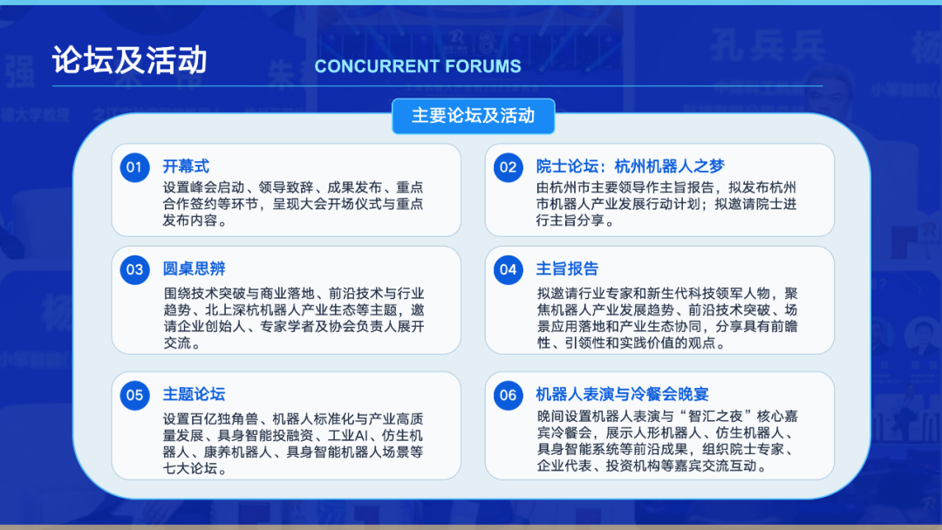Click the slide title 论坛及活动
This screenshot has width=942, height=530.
coord(129,60)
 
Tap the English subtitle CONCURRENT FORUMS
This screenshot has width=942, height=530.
coord(418,66)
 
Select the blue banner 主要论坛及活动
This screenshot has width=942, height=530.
coord(474,116)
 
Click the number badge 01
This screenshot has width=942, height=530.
coord(134,166)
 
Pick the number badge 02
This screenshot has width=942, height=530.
coord(509,166)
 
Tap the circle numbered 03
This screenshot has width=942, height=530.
coord(134,269)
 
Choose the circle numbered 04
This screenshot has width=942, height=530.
coord(509,269)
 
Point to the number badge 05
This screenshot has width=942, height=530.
coord(134,395)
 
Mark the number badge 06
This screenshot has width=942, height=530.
coord(509,395)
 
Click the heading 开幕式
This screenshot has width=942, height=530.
coord(186,166)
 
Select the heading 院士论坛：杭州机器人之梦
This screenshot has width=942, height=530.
coord(631,166)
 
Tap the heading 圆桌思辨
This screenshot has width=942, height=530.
coord(194,268)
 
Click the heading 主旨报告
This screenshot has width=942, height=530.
coord(567,268)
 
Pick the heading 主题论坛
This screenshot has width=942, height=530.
coord(194,394)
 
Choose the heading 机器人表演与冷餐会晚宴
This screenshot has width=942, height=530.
coord(623,394)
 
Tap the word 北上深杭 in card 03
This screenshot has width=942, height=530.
coord(233,310)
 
